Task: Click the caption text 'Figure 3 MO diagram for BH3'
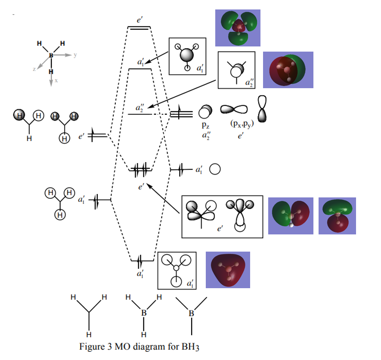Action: [x=139, y=347]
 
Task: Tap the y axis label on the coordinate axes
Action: [x=75, y=55]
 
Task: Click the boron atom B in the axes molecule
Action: [x=50, y=55]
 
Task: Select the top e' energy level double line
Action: [x=139, y=28]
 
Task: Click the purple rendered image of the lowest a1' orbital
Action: [x=228, y=270]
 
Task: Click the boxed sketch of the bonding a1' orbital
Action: [x=177, y=271]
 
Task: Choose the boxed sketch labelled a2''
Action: [x=237, y=70]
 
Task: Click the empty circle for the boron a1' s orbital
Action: [x=215, y=170]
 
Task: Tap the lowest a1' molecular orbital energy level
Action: [x=142, y=261]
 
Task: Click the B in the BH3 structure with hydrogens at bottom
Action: [x=144, y=313]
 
